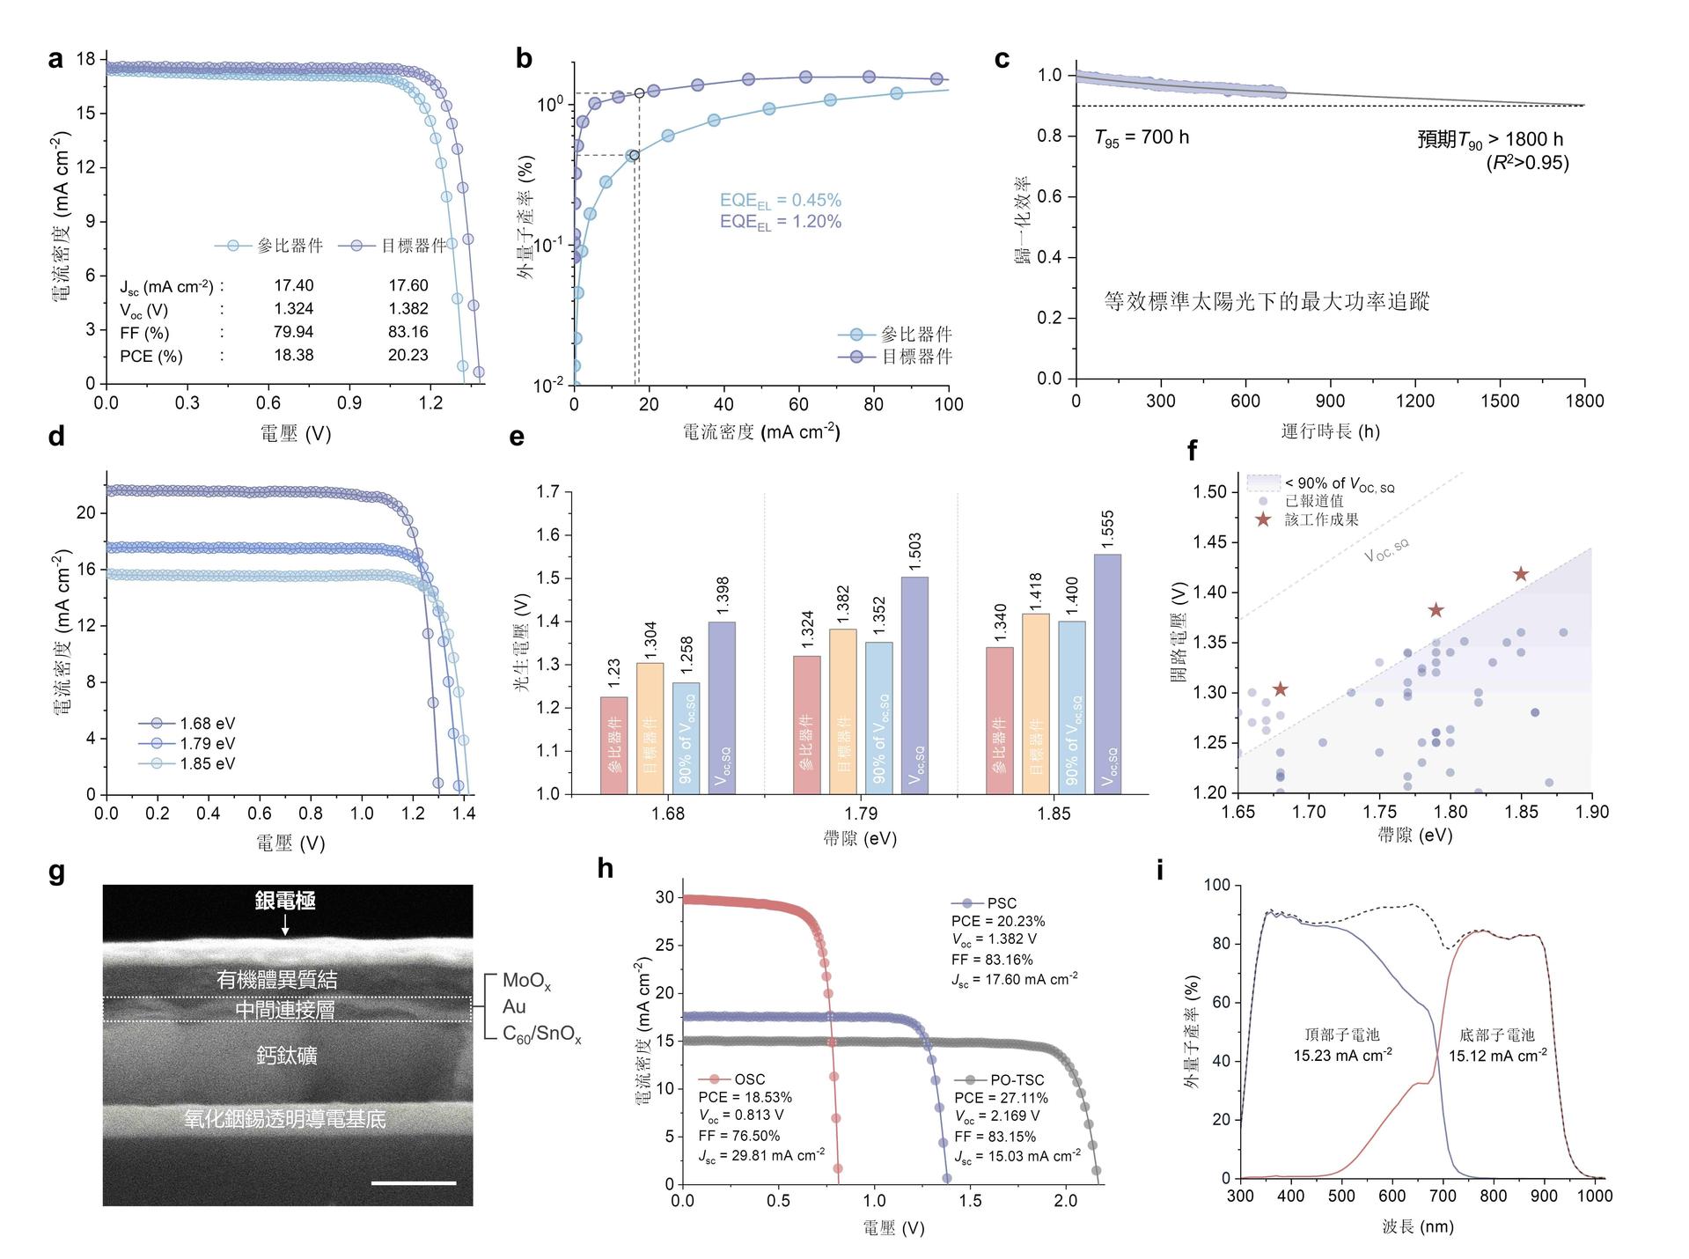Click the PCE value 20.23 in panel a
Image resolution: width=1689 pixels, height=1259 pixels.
[408, 356]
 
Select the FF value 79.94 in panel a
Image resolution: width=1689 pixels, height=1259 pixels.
[293, 332]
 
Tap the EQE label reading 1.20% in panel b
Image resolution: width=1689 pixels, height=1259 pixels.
[780, 222]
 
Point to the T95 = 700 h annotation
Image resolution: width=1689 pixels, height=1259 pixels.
[1141, 138]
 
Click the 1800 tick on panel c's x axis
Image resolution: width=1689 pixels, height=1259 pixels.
[1584, 401]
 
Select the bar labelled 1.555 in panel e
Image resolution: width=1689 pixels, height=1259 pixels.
[1107, 674]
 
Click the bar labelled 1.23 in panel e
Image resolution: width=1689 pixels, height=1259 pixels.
[614, 745]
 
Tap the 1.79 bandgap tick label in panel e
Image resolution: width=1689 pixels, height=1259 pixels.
[861, 813]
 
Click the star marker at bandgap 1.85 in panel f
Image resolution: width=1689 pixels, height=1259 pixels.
[1520, 575]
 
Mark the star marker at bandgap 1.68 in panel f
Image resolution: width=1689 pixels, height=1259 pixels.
[1280, 689]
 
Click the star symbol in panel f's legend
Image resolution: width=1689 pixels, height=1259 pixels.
[1263, 519]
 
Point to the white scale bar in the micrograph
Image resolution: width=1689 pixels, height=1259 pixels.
[414, 1183]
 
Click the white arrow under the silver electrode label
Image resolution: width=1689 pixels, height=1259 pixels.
[284, 924]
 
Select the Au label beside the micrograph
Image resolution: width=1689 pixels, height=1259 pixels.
[514, 1006]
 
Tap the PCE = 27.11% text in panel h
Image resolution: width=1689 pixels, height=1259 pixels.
[1001, 1098]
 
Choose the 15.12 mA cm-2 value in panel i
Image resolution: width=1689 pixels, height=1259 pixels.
[1497, 1055]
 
